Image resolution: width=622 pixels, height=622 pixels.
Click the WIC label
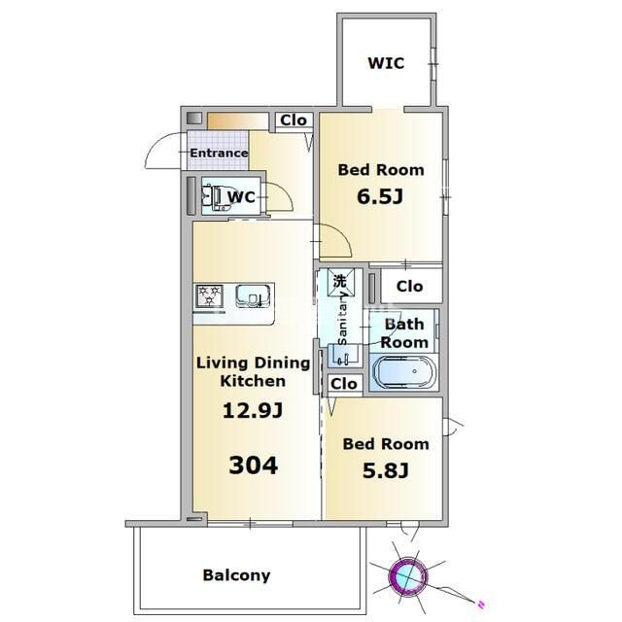pos(386,63)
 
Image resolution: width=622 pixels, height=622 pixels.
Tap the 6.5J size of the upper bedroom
pos(380,196)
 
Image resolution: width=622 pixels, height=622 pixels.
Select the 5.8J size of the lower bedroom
pos(386,470)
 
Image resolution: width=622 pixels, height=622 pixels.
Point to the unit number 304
pos(253,466)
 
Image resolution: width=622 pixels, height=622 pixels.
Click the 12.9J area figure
pos(253,410)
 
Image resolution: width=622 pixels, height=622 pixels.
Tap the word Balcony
pos(236,575)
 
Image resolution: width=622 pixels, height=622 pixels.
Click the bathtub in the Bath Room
pos(404,372)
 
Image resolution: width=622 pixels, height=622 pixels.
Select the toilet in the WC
pos(217,197)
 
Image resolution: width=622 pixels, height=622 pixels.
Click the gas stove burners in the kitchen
pos(210,295)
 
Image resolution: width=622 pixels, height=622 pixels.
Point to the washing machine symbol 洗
pos(340,281)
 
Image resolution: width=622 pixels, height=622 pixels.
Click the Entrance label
pos(219,153)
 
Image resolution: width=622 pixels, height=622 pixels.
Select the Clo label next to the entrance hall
pos(294,121)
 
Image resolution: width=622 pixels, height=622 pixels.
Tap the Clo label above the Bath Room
pos(409,287)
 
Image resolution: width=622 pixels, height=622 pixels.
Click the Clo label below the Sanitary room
pos(343,384)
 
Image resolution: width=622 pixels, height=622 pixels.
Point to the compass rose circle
pos(408,575)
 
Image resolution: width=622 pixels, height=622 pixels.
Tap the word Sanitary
pos(341,319)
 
